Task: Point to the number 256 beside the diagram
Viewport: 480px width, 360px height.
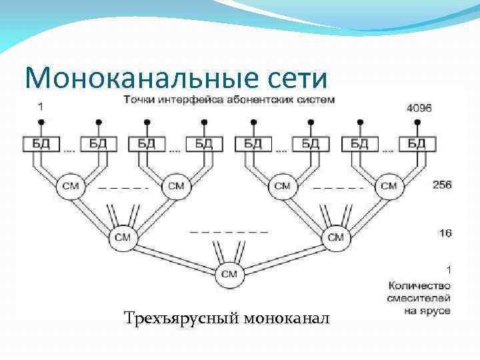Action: click(x=441, y=185)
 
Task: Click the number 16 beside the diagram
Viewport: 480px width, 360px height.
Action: click(x=445, y=233)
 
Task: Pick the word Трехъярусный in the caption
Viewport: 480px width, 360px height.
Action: click(x=181, y=319)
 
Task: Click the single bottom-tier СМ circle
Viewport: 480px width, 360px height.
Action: click(x=229, y=273)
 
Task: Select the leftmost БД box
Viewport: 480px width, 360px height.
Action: click(x=41, y=143)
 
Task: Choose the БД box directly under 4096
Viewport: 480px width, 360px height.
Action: click(x=417, y=143)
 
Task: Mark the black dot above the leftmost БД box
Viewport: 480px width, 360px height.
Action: click(x=41, y=122)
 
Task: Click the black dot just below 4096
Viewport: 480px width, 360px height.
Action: click(x=417, y=122)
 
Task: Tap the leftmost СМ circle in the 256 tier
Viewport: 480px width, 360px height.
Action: click(x=69, y=186)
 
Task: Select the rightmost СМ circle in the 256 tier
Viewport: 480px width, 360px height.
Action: click(x=388, y=186)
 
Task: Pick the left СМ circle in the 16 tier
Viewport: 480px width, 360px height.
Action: click(x=123, y=237)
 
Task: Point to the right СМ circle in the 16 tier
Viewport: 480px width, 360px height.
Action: click(x=335, y=237)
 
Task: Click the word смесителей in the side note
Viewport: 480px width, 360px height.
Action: click(x=419, y=299)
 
